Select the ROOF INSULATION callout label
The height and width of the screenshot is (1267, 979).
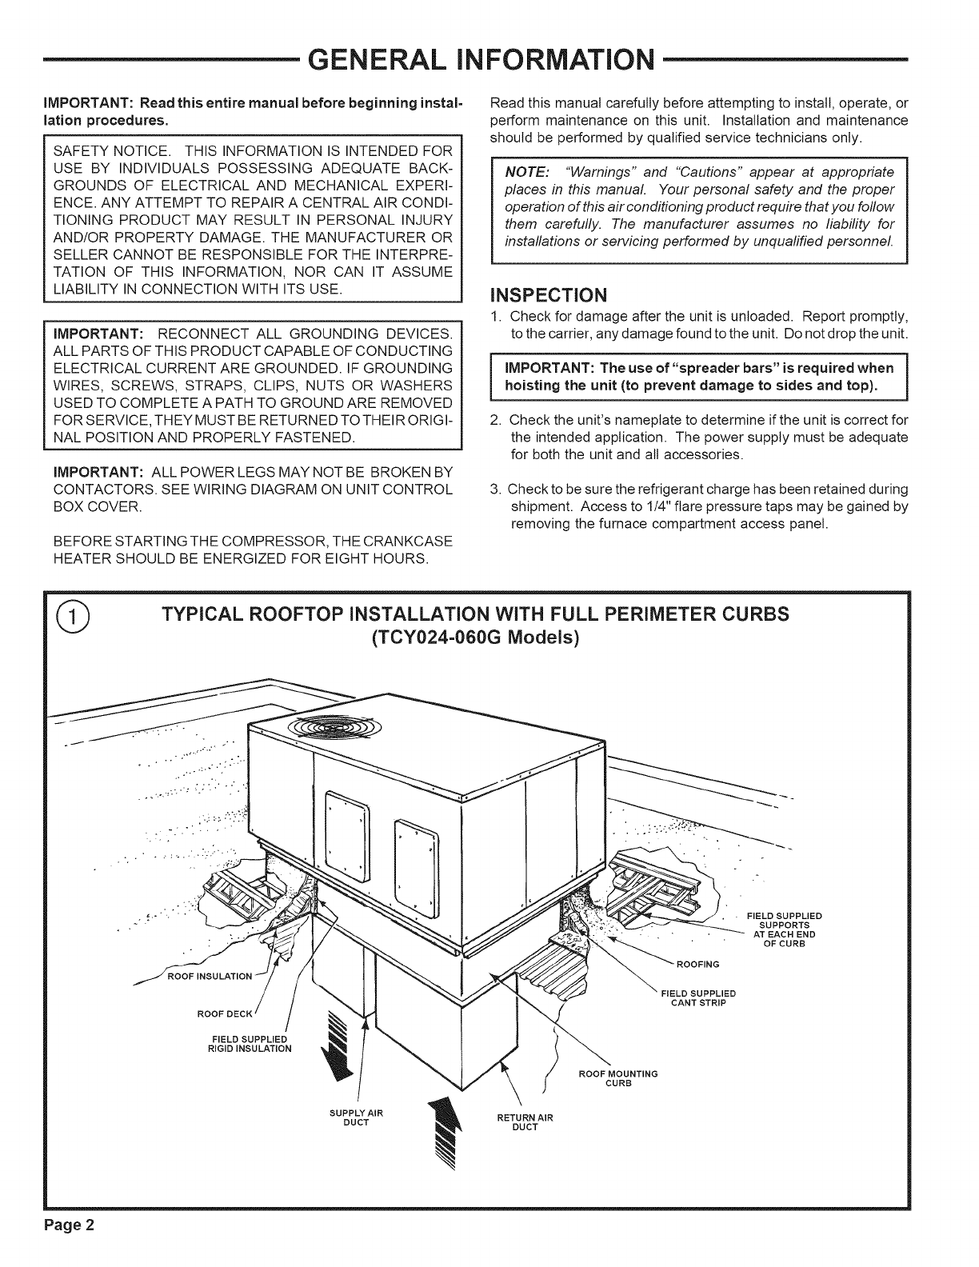click(210, 976)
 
